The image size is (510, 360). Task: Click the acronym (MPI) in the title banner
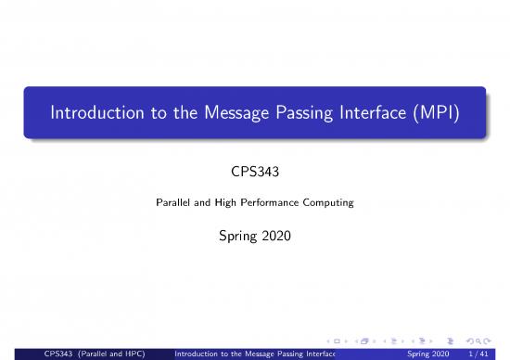(444, 114)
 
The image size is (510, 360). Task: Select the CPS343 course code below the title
(254, 171)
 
